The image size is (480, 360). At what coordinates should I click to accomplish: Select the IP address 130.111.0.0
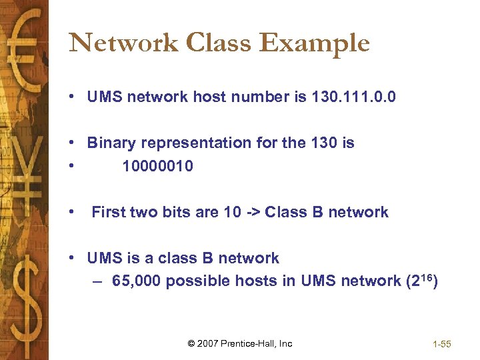(x=353, y=97)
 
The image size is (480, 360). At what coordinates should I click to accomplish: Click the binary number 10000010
(x=158, y=166)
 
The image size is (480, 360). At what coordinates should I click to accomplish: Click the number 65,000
(x=136, y=281)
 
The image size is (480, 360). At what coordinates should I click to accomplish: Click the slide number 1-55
(x=442, y=344)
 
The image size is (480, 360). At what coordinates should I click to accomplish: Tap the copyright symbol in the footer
(x=191, y=343)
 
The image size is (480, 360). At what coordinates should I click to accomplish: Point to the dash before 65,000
(x=99, y=281)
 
